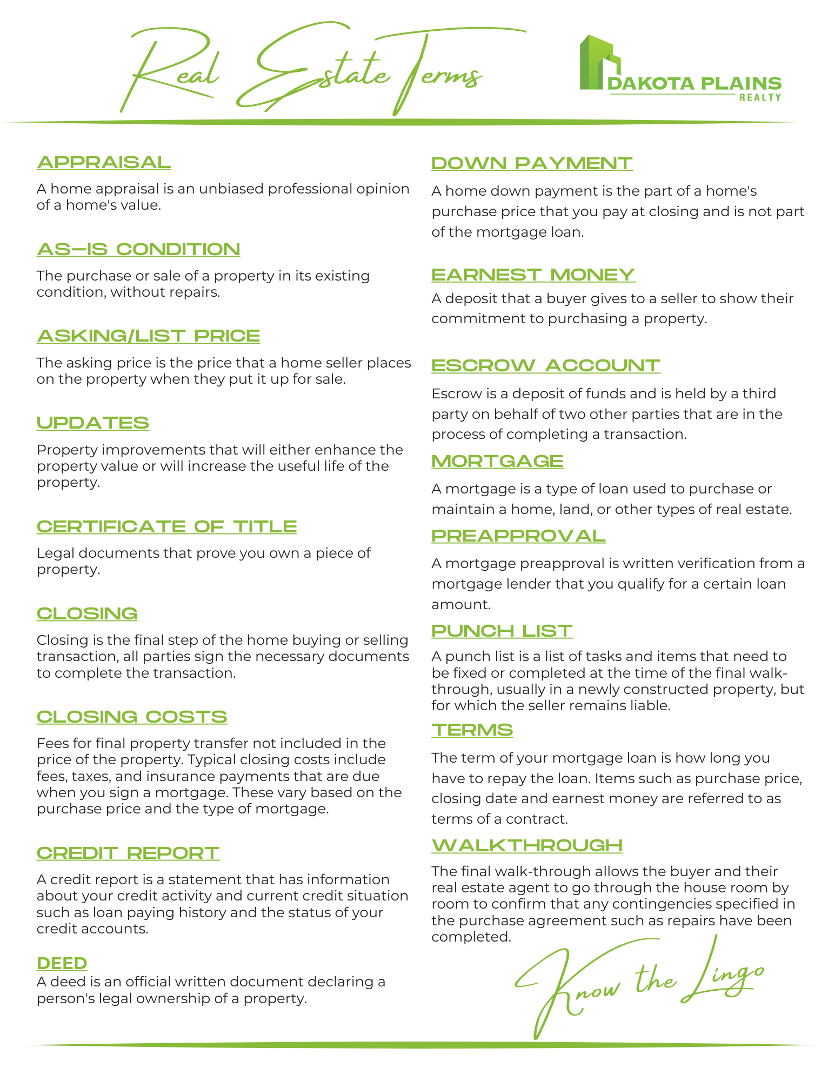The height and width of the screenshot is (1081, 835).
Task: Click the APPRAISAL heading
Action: pos(104,162)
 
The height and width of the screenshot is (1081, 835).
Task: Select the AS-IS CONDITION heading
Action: pos(138,249)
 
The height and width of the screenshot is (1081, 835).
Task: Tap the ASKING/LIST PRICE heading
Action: pos(148,336)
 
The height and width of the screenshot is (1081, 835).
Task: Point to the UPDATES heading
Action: pos(93,423)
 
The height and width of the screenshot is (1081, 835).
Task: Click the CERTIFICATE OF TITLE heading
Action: pos(166,526)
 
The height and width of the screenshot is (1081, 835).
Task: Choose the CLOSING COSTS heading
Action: pos(132,717)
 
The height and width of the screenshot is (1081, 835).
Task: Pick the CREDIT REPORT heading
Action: pos(128,853)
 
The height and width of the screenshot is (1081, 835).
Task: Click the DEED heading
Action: pos(62,963)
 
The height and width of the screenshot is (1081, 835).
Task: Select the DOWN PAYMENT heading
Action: pos(532,163)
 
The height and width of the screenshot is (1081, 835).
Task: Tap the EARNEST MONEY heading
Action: pos(533,275)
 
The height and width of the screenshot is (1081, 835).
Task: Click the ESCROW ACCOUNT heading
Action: pos(545,365)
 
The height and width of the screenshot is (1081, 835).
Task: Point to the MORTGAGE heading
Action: pos(497,461)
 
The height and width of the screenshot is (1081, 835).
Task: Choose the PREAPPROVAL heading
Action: pos(518,536)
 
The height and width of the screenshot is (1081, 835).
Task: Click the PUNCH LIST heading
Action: pos(502,631)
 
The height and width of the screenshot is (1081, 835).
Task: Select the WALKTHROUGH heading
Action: pos(527,845)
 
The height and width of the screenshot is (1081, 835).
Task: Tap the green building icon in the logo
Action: pos(599,63)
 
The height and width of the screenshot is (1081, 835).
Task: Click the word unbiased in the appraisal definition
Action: pos(231,189)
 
